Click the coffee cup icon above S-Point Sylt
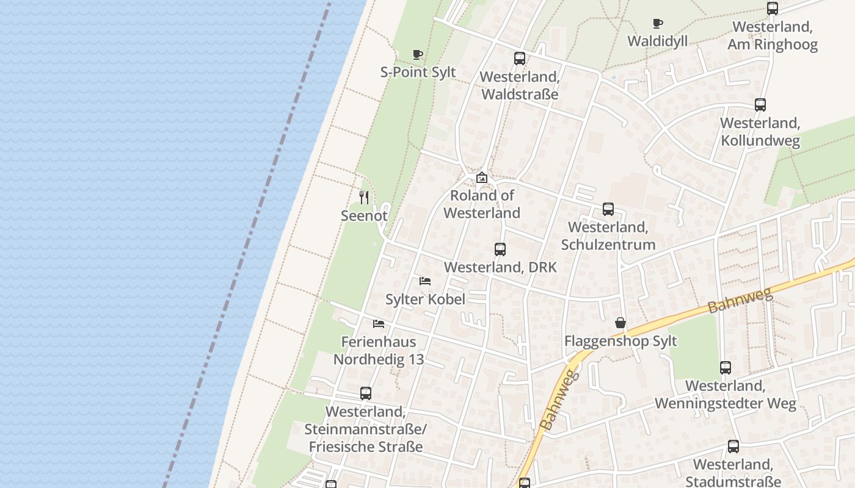pyautogui.click(x=418, y=54)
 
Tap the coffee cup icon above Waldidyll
pyautogui.click(x=657, y=23)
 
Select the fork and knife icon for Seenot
pyautogui.click(x=364, y=197)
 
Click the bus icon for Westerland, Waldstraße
pyautogui.click(x=520, y=59)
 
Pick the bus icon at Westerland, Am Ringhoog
pyautogui.click(x=773, y=9)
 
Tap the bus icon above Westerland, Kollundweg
pyautogui.click(x=760, y=105)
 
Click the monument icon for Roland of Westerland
pyautogui.click(x=482, y=178)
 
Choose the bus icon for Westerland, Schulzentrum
pyautogui.click(x=608, y=209)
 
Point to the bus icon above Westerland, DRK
pyautogui.click(x=500, y=249)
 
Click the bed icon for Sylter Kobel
pyautogui.click(x=425, y=281)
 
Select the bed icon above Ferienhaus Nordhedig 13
pyautogui.click(x=379, y=323)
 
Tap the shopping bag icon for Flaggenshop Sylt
pyautogui.click(x=620, y=323)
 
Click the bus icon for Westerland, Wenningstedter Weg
pyautogui.click(x=726, y=368)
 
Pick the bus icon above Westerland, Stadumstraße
pyautogui.click(x=733, y=447)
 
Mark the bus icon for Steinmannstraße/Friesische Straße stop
pyautogui.click(x=366, y=393)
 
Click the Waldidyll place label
pyautogui.click(x=658, y=41)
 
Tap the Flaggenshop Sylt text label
pyautogui.click(x=620, y=341)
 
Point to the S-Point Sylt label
pyautogui.click(x=418, y=72)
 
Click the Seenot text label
pyautogui.click(x=364, y=215)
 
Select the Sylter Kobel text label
pyautogui.click(x=425, y=299)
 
